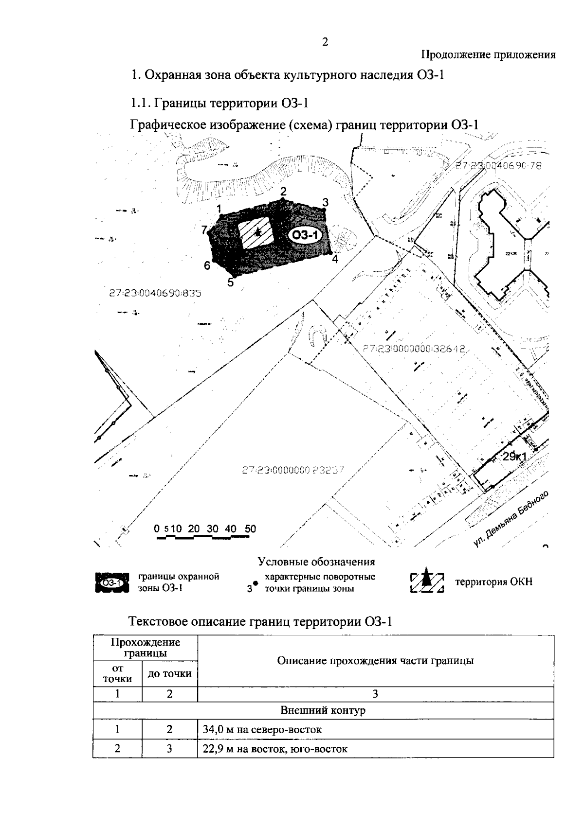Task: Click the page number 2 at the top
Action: point(325,42)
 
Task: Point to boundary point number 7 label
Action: point(204,229)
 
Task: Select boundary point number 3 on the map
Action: point(326,202)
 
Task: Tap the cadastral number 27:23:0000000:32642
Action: point(415,349)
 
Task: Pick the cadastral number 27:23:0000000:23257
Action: point(292,471)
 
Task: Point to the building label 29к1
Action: point(514,457)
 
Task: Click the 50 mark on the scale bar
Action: point(250,529)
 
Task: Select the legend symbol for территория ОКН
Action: point(427,581)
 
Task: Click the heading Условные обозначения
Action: point(316,562)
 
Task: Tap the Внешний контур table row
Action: point(323,711)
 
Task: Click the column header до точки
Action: point(169,674)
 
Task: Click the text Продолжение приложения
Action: point(488,55)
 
